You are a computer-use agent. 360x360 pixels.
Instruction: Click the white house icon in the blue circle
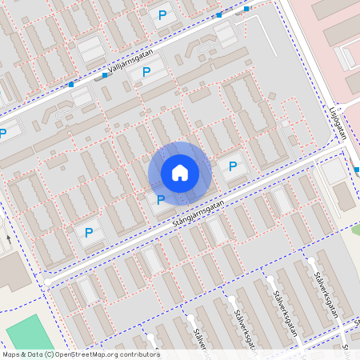coord(180,172)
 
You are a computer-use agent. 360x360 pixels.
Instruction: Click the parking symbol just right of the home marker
coord(233,166)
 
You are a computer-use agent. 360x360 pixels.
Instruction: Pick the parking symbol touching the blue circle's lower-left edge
coord(161,200)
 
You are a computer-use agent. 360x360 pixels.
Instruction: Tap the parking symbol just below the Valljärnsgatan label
coord(146,72)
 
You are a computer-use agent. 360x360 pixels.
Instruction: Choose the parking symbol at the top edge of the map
coord(163,14)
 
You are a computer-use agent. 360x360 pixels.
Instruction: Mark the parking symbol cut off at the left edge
coord(2,133)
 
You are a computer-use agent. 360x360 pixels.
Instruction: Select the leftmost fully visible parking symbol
coord(89,233)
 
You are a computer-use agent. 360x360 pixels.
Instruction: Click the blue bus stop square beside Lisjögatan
coord(357,170)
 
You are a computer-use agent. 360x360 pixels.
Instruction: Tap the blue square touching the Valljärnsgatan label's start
coord(104,75)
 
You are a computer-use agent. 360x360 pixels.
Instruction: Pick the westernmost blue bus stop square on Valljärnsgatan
coord(71,85)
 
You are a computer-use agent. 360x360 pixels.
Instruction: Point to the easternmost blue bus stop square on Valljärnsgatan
coord(246,9)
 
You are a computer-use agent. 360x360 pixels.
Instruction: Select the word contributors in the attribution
coord(139,354)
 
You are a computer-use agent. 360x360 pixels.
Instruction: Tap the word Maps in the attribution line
coord(11,354)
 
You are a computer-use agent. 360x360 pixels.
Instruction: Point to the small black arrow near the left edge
coord(7,238)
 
